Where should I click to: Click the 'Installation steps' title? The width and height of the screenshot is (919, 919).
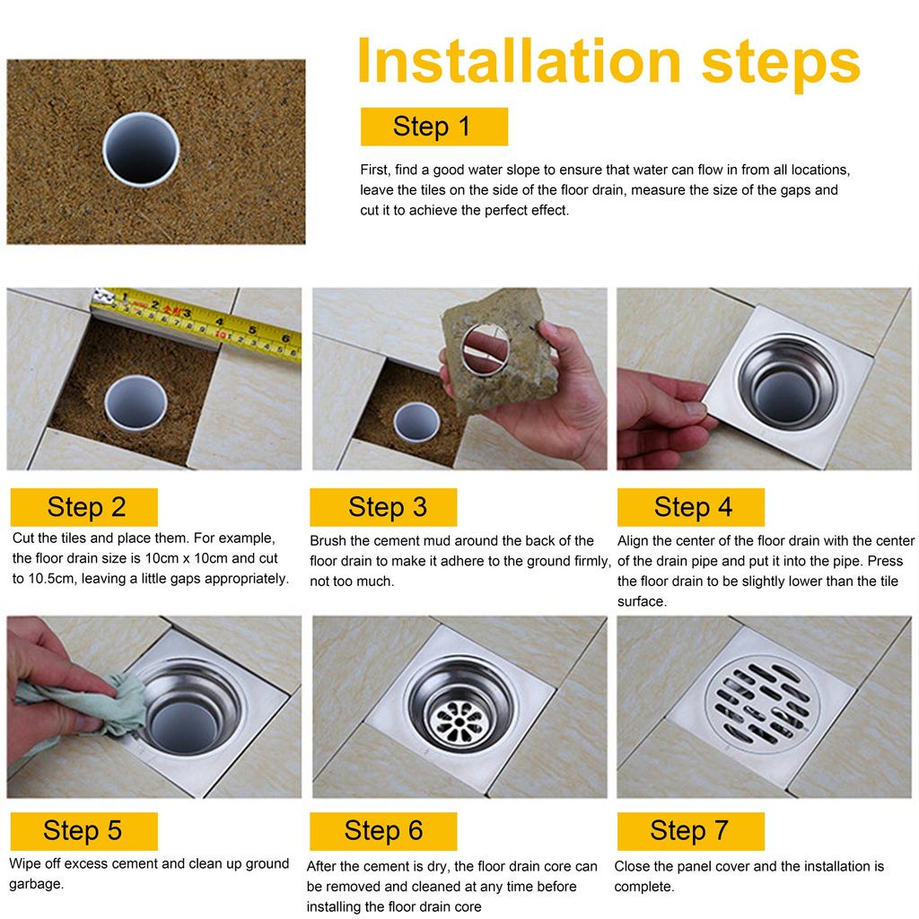click(608, 62)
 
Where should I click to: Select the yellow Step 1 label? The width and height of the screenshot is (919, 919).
click(433, 127)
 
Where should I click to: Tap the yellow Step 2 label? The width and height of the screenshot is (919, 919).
click(83, 507)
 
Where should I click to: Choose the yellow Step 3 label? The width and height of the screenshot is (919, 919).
click(383, 507)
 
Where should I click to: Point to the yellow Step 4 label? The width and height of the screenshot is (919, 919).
click(690, 507)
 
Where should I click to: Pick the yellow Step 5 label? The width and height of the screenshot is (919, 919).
click(83, 831)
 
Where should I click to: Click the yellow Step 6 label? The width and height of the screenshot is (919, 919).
click(383, 831)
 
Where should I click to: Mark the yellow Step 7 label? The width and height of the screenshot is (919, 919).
click(690, 831)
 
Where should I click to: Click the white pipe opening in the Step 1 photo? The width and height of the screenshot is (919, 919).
click(141, 150)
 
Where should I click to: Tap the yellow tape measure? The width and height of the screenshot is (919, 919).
click(197, 323)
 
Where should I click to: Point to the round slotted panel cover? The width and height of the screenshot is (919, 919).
click(762, 705)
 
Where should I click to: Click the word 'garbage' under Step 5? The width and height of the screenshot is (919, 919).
click(35, 884)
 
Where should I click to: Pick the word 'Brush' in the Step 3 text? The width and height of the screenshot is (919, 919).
click(328, 540)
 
